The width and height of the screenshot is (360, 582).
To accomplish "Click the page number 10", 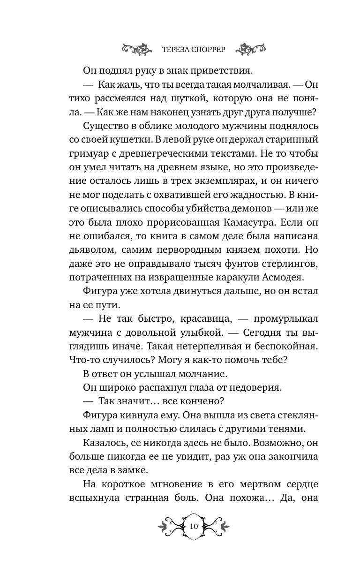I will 194,526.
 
